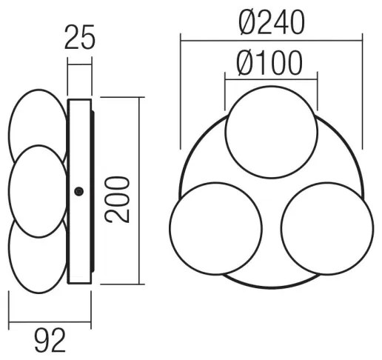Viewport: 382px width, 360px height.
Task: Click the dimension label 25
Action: (x=79, y=36)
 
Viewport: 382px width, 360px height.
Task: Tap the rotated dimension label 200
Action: (x=118, y=199)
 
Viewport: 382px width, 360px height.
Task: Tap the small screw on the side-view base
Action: (x=78, y=192)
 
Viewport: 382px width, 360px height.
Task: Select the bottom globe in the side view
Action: (x=38, y=256)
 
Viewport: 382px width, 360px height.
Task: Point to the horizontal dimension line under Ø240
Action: (x=271, y=37)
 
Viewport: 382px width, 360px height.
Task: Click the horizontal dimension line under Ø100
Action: (x=271, y=79)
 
